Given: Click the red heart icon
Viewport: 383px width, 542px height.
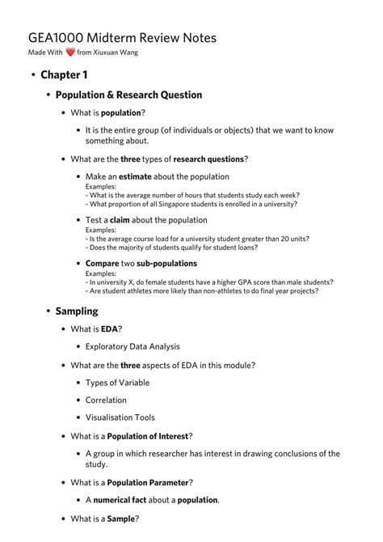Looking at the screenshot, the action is [x=70, y=53].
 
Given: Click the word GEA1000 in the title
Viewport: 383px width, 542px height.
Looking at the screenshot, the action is [x=56, y=37].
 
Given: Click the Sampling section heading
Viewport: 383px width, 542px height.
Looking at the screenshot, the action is [x=77, y=311].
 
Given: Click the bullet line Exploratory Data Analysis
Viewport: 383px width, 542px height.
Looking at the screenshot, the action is [x=133, y=347].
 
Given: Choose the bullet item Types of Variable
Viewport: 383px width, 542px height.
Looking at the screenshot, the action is [x=117, y=383].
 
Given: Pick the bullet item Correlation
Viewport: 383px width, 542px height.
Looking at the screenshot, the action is [x=106, y=400].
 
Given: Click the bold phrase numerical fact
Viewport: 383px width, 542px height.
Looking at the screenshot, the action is [x=123, y=500].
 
